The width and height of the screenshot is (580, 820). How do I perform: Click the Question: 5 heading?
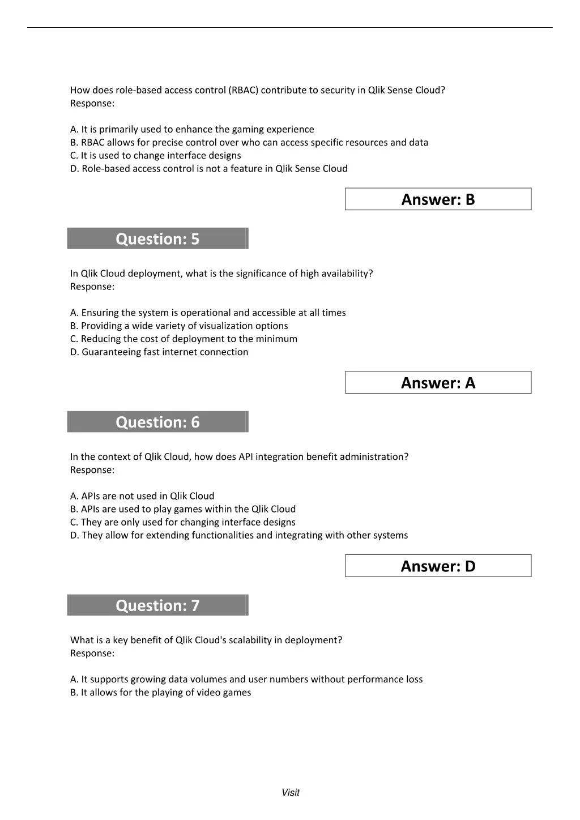point(157,238)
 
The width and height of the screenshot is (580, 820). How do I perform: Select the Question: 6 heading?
point(157,422)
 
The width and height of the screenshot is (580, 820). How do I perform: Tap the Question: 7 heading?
point(157,605)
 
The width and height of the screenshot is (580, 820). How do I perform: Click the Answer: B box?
point(438,199)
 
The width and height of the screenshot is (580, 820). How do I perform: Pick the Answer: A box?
point(438,383)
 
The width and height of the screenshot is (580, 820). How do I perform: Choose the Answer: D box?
point(438,566)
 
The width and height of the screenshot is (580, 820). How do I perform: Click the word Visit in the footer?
point(291,792)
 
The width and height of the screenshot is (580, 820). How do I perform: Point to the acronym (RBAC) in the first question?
point(244,90)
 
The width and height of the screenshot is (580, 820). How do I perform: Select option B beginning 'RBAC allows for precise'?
point(249,142)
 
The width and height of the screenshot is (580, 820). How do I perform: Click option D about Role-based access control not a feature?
point(209,168)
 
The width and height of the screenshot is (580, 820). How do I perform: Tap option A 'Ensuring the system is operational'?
point(208,313)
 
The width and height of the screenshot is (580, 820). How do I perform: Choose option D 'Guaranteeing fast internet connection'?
point(159,352)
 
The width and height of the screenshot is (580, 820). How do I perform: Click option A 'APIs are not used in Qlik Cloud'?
point(142,496)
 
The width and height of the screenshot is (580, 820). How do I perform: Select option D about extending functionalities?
point(239,535)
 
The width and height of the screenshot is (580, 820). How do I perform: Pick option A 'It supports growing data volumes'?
point(246,679)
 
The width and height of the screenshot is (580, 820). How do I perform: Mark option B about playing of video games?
point(160,692)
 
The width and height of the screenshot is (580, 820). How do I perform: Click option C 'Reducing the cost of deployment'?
point(184,339)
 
